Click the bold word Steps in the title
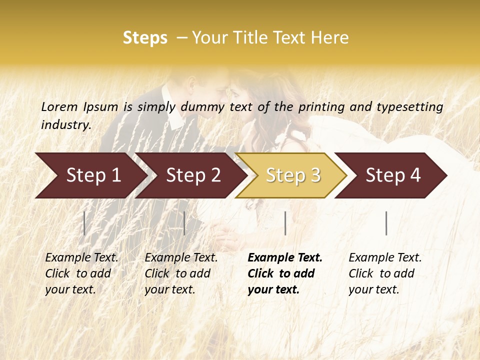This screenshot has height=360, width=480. coord(145,38)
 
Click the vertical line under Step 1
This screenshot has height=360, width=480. coord(84,223)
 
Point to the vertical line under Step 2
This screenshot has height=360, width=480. coord(184,223)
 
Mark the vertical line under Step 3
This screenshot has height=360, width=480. coord(285,223)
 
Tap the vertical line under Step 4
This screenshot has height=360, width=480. coord(386,223)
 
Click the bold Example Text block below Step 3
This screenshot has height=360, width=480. coord(285,273)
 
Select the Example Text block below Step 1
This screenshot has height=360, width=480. coord(81,273)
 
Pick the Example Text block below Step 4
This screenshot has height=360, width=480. coord(385,273)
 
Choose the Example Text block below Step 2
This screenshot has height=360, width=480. coord(181,273)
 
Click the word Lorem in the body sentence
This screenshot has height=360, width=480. coord(59,106)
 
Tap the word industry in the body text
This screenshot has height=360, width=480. coord(65,124)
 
